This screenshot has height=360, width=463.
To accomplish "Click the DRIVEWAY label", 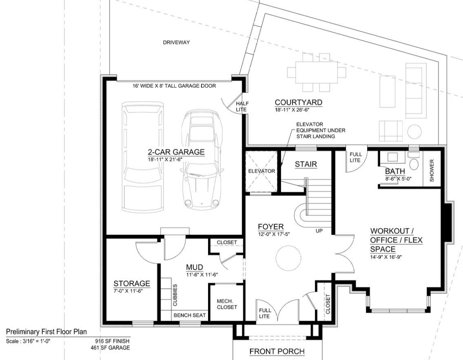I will click(x=176, y=42).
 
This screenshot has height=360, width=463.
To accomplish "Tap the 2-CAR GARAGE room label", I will click(x=176, y=152).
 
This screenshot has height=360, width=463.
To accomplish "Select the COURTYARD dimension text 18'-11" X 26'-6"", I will click(x=298, y=110).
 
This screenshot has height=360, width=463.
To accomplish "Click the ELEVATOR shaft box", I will click(x=261, y=171).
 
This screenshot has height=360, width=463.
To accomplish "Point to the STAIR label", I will click(x=306, y=164).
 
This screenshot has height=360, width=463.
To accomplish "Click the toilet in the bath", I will click(x=414, y=163).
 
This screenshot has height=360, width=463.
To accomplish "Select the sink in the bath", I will click(x=393, y=157).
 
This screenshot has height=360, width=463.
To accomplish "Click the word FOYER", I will click(x=270, y=227).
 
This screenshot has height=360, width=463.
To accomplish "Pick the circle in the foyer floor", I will click(x=289, y=258).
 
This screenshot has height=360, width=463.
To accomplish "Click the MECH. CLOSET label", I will click(x=226, y=304).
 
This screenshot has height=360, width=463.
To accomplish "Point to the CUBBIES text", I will click(x=175, y=294).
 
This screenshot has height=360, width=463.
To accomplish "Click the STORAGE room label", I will click(x=131, y=283).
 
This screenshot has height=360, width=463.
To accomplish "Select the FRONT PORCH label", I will click(x=277, y=351).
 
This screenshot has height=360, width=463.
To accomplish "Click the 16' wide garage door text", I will click(x=174, y=86).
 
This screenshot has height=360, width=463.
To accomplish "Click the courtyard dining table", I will click(x=316, y=72).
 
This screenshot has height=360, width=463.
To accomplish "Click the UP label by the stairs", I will click(x=319, y=231).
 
